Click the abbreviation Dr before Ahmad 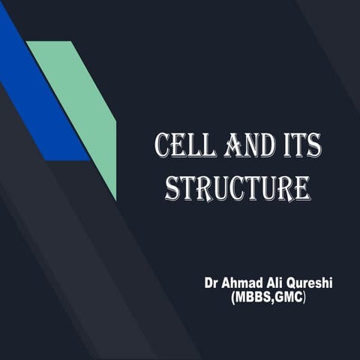coord(212,284)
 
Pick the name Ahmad coord(247,284)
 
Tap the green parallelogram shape coord(82,105)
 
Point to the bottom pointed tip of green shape coord(115,199)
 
